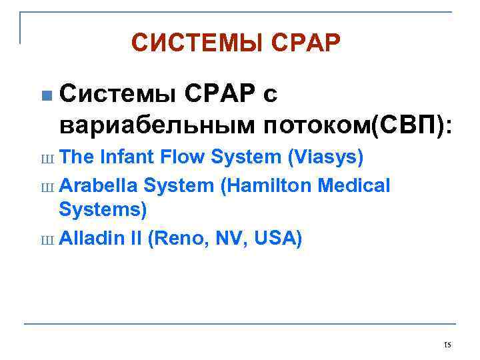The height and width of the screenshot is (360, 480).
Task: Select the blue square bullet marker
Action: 45,96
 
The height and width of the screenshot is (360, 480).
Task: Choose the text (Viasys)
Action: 325,157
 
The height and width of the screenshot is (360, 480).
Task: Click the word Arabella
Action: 98,185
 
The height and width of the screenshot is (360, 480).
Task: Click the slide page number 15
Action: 447,345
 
